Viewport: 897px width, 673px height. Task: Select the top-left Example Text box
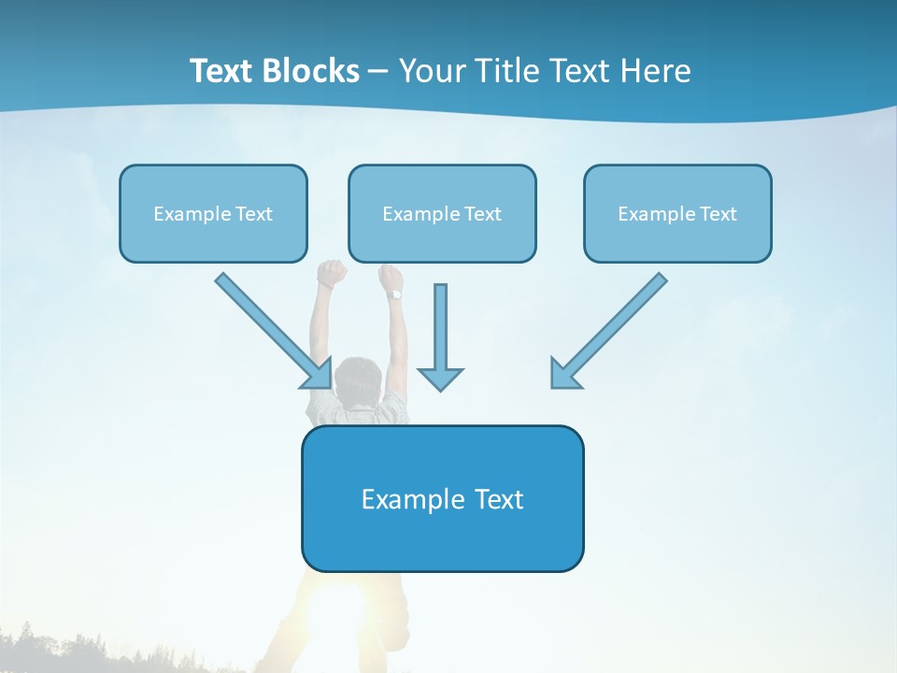click(x=213, y=213)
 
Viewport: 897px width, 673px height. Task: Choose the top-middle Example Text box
click(x=442, y=213)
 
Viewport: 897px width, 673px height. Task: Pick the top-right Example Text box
click(x=677, y=213)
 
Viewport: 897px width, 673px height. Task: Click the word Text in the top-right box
click(x=719, y=214)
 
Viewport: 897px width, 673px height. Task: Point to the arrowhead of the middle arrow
click(x=440, y=379)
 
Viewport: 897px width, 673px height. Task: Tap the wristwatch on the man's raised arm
click(x=395, y=294)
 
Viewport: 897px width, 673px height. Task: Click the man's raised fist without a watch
click(x=331, y=273)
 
